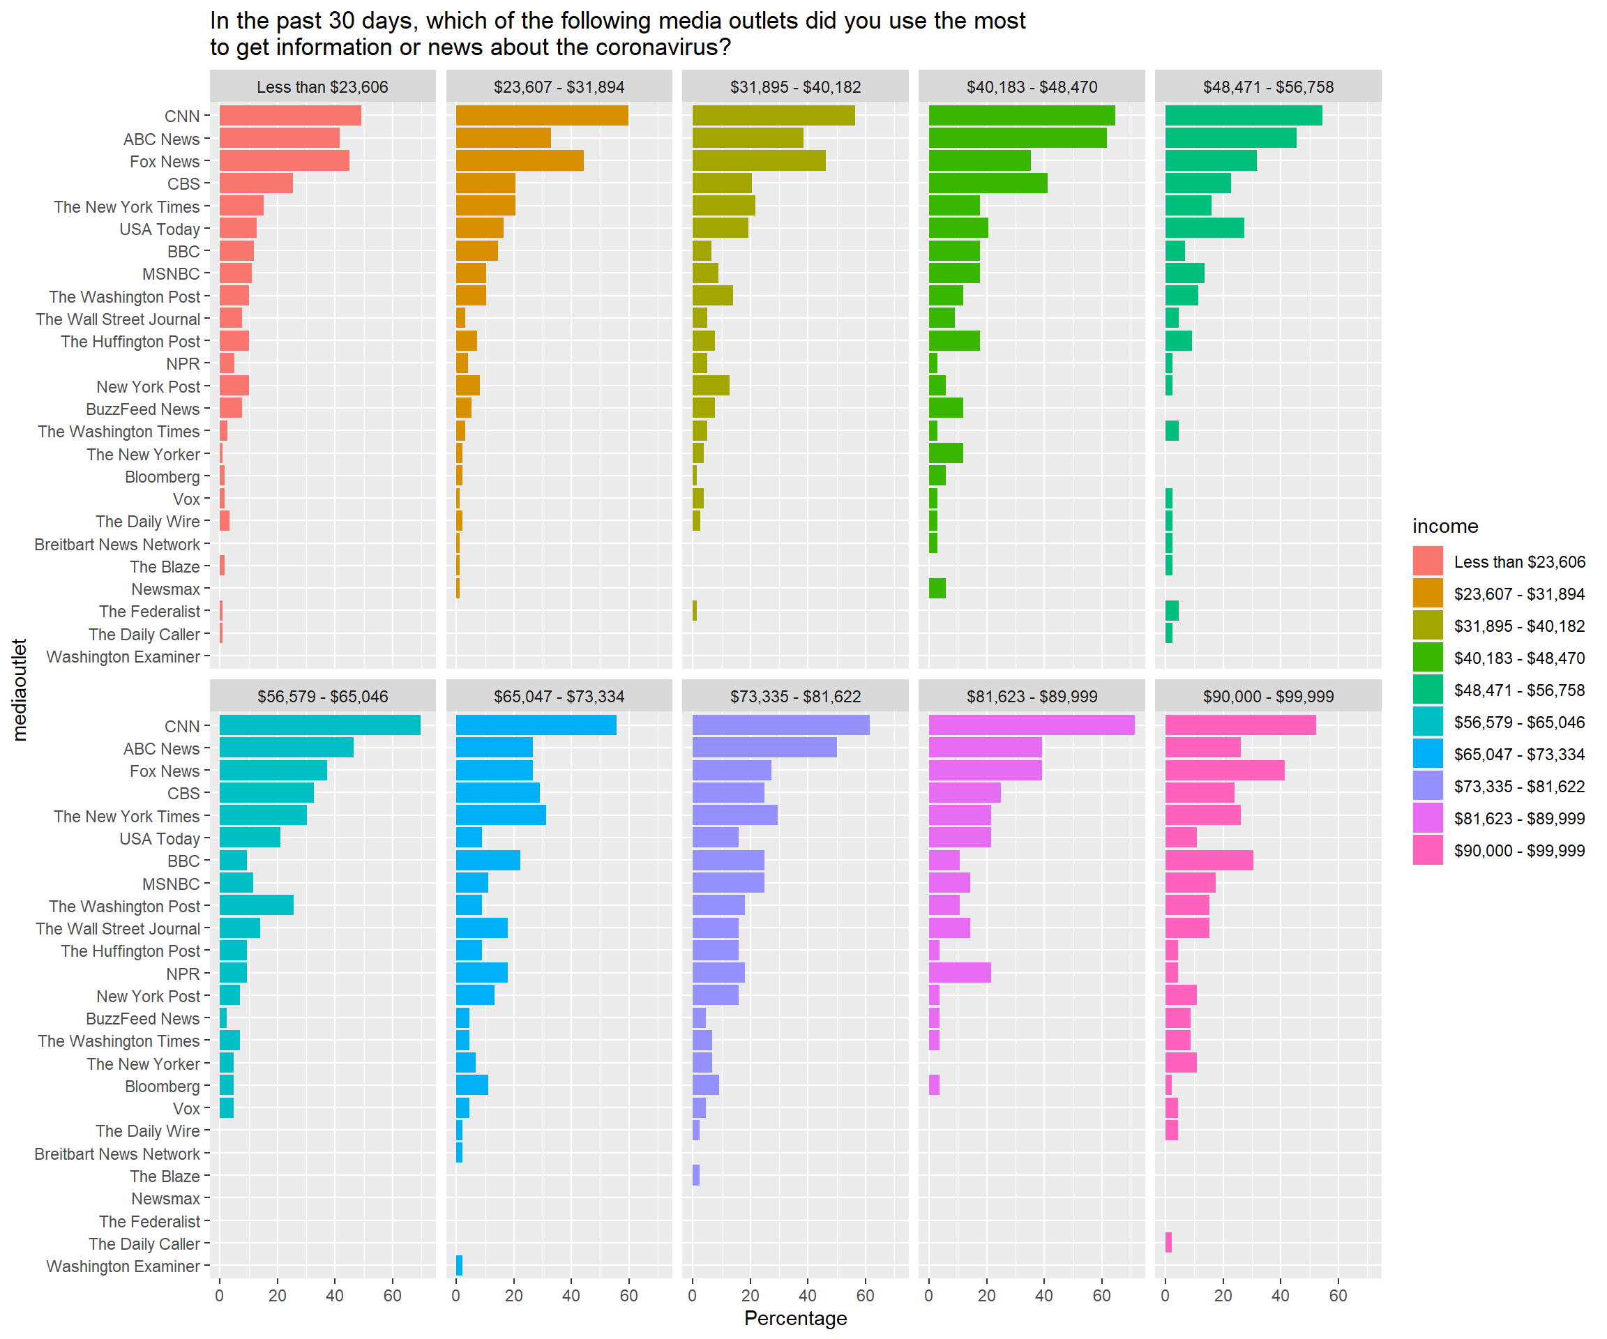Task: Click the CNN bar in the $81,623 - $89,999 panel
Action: [x=1031, y=725]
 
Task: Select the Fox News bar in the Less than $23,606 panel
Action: [x=284, y=160]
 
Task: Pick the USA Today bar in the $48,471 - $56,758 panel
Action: [x=1204, y=228]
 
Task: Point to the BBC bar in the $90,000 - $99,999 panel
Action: [x=1208, y=860]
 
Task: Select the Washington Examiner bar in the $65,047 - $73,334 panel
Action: [x=459, y=1266]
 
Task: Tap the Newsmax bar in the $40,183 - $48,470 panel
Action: [x=937, y=589]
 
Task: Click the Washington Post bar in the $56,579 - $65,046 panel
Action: [x=257, y=905]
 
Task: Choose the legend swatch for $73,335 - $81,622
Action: [x=1427, y=786]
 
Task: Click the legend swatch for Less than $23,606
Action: [x=1427, y=561]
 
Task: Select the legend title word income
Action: [x=1444, y=527]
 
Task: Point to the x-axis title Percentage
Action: [x=795, y=1318]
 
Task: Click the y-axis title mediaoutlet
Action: [x=20, y=690]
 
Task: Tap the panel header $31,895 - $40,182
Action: [x=795, y=87]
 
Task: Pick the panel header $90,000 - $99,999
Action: [x=1267, y=696]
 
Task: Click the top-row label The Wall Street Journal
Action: [x=118, y=319]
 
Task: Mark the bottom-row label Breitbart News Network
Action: [x=117, y=1153]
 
